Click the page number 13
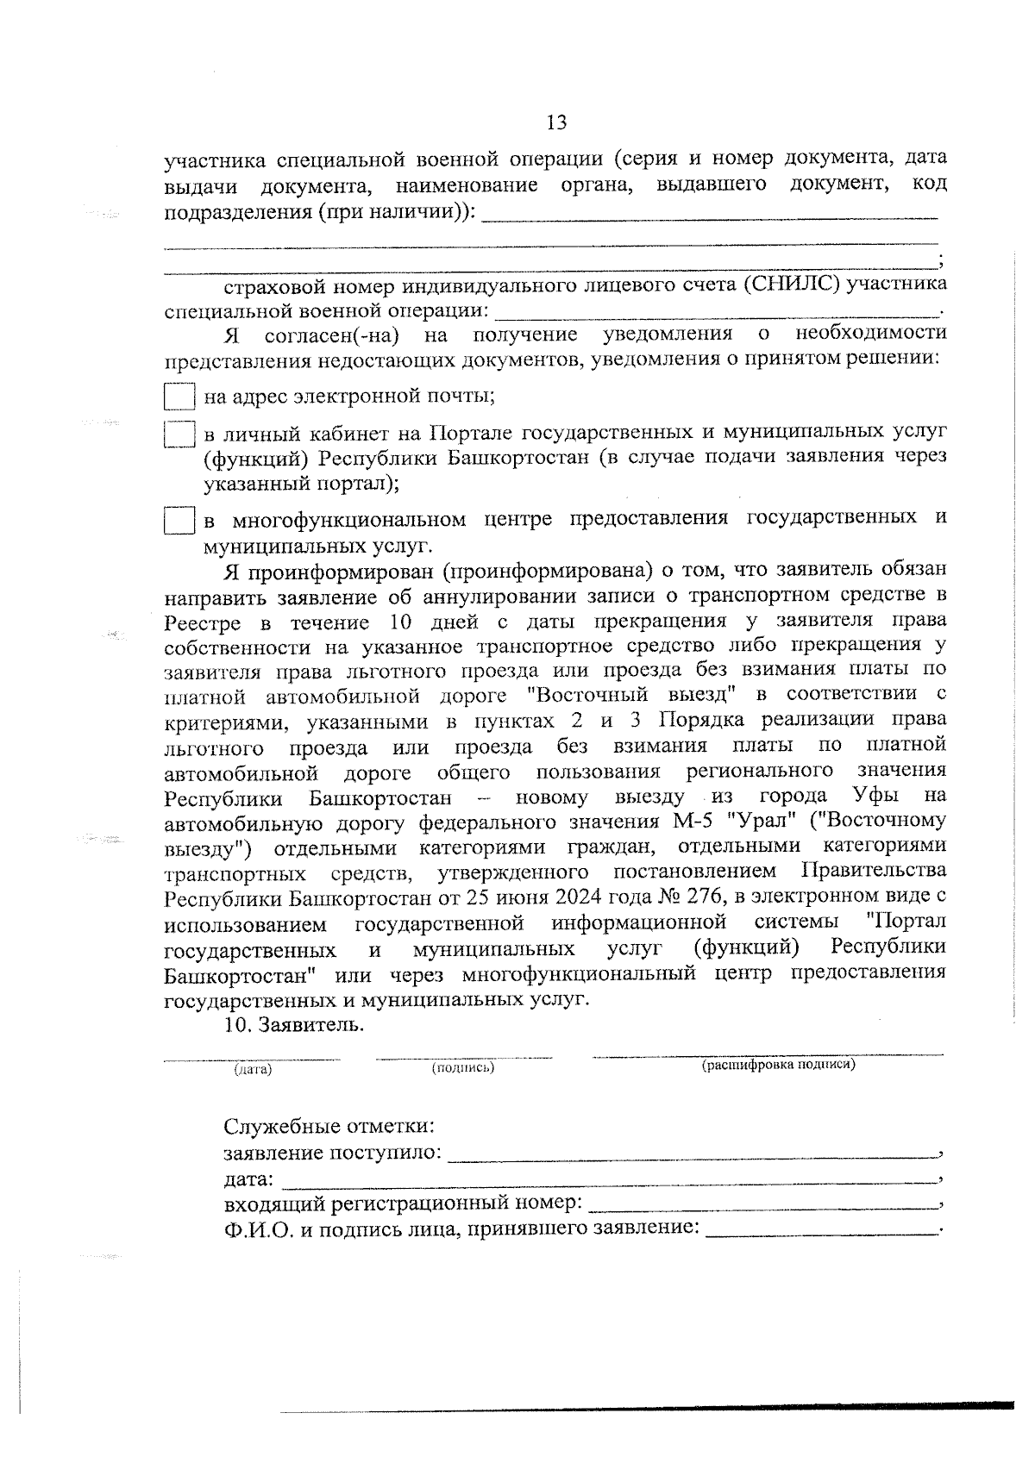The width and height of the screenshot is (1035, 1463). coord(556,122)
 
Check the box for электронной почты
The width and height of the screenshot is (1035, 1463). coord(179,397)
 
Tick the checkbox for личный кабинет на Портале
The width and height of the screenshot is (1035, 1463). coord(179,434)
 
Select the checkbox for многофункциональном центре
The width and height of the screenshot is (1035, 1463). coord(179,522)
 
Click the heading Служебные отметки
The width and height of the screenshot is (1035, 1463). coord(329,1127)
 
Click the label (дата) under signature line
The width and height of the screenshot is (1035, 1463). coord(253,1069)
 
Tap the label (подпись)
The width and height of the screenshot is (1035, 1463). coord(463,1068)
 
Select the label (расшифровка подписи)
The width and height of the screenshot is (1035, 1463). coord(778,1065)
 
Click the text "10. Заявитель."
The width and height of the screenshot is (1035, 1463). coord(293,1025)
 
